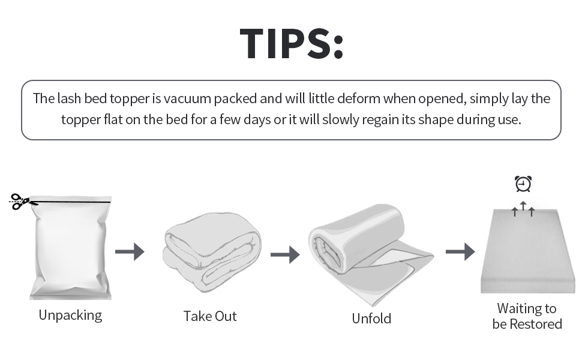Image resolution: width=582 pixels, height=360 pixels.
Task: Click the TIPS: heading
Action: tap(292, 43)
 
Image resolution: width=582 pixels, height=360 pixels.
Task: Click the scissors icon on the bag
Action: tap(20, 201)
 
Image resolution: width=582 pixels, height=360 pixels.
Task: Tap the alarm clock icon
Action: tap(523, 184)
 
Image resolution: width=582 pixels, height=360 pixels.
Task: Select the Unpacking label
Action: tap(70, 315)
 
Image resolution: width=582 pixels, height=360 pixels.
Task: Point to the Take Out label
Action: tap(210, 316)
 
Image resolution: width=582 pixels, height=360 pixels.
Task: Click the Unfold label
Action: tap(371, 319)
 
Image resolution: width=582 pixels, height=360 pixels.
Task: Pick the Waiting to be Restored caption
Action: tap(527, 316)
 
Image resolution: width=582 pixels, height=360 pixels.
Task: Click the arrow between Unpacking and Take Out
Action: tap(130, 251)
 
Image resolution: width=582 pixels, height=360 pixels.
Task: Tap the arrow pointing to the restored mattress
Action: tap(460, 252)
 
